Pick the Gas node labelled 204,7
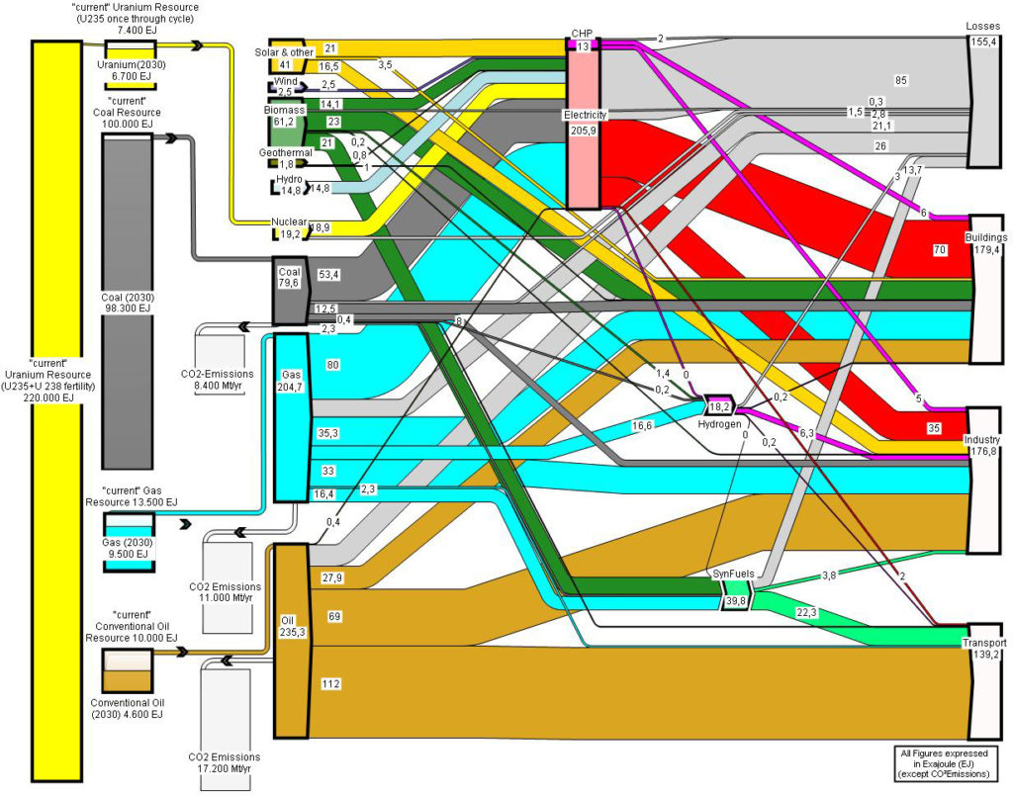point(292,417)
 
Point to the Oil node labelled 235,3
point(292,641)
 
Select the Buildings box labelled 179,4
point(986,289)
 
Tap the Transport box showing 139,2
point(984,681)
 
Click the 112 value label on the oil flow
point(330,683)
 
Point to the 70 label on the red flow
point(940,249)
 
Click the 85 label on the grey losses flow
point(900,80)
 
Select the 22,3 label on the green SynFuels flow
point(805,613)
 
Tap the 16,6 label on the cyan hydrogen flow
point(641,425)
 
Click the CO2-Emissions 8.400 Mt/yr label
point(218,381)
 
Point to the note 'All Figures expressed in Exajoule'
point(945,763)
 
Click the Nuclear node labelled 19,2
point(289,228)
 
